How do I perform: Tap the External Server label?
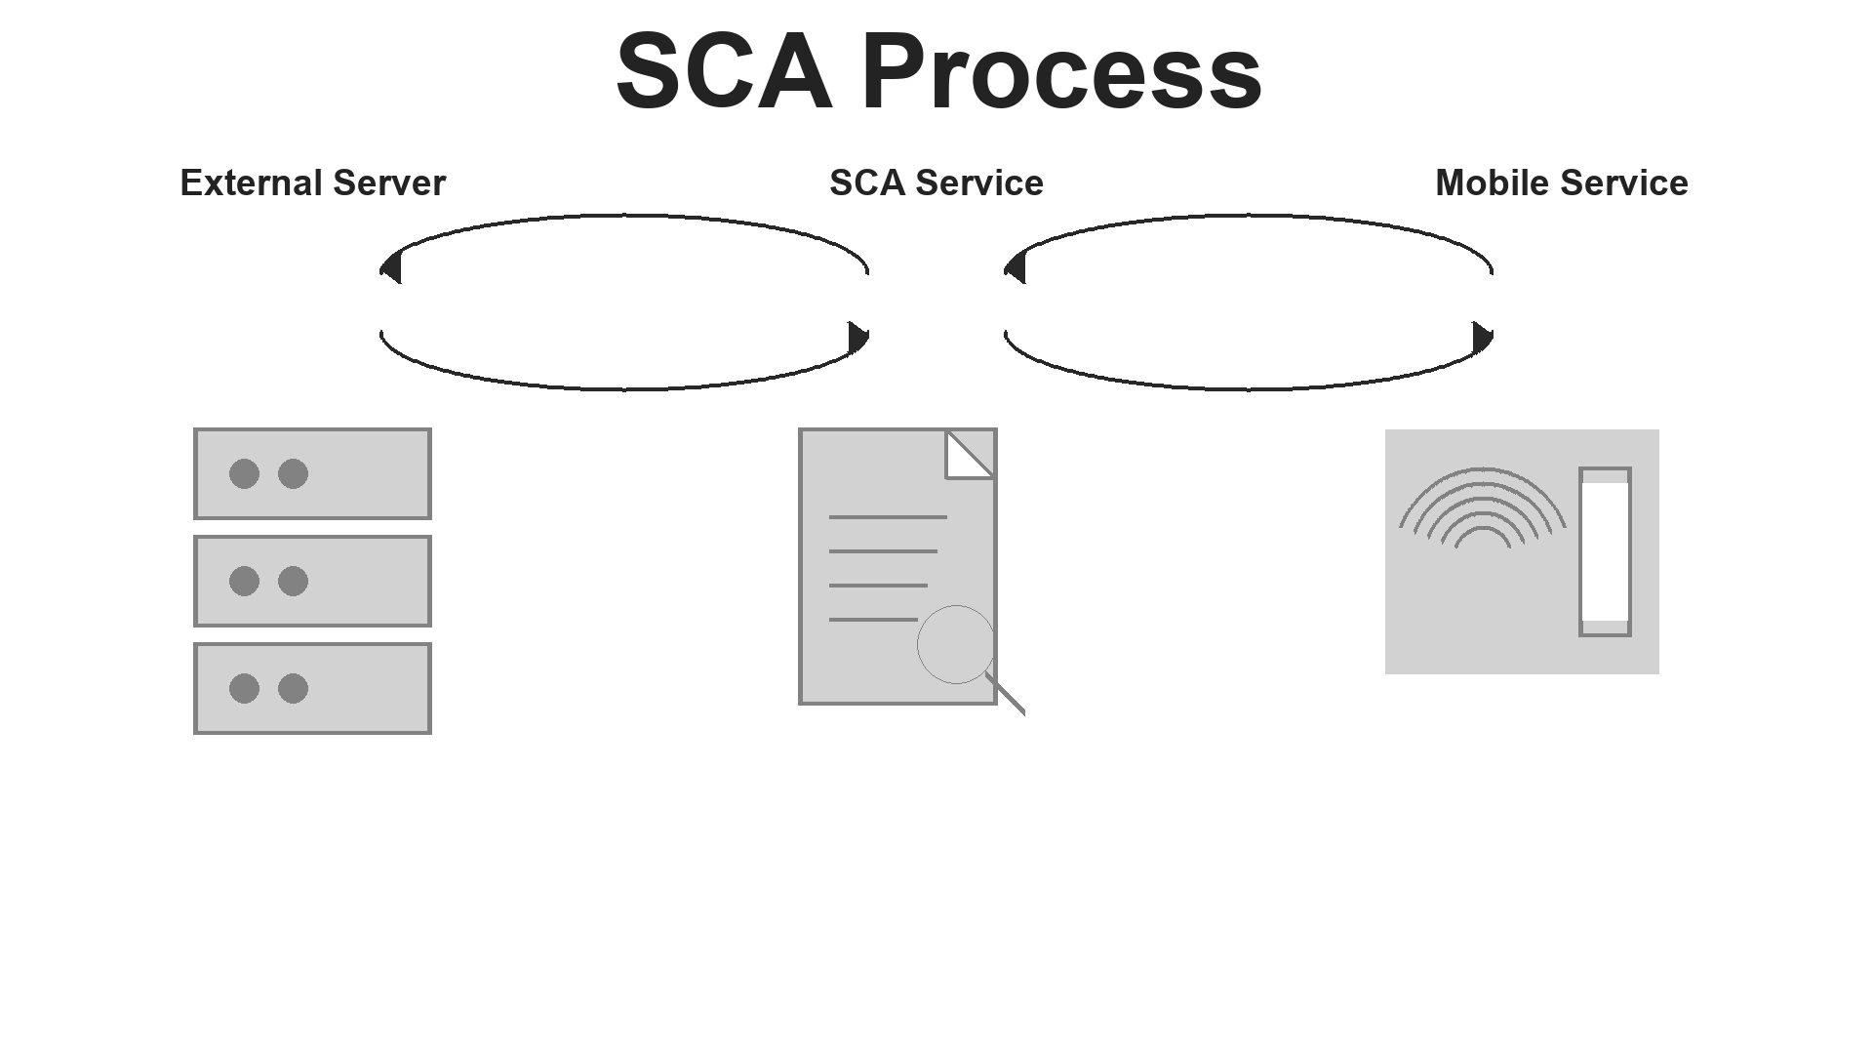(312, 183)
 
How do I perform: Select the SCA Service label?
(936, 183)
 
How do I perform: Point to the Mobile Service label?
(1561, 183)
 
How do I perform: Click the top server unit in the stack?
(361, 473)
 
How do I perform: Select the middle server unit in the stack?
(361, 581)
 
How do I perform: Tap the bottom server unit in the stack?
(361, 688)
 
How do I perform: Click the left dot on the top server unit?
(244, 473)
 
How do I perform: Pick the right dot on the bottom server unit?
(293, 688)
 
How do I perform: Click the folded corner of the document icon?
(968, 455)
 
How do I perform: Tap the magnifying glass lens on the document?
(955, 644)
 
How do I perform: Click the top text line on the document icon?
(888, 517)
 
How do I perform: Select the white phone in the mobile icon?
(1605, 551)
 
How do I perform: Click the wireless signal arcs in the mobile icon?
(1482, 507)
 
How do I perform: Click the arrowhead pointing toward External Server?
(391, 267)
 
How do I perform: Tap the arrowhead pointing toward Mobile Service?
(1482, 338)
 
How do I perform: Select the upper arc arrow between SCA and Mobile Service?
(1249, 216)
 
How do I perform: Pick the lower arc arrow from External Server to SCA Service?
(624, 388)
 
